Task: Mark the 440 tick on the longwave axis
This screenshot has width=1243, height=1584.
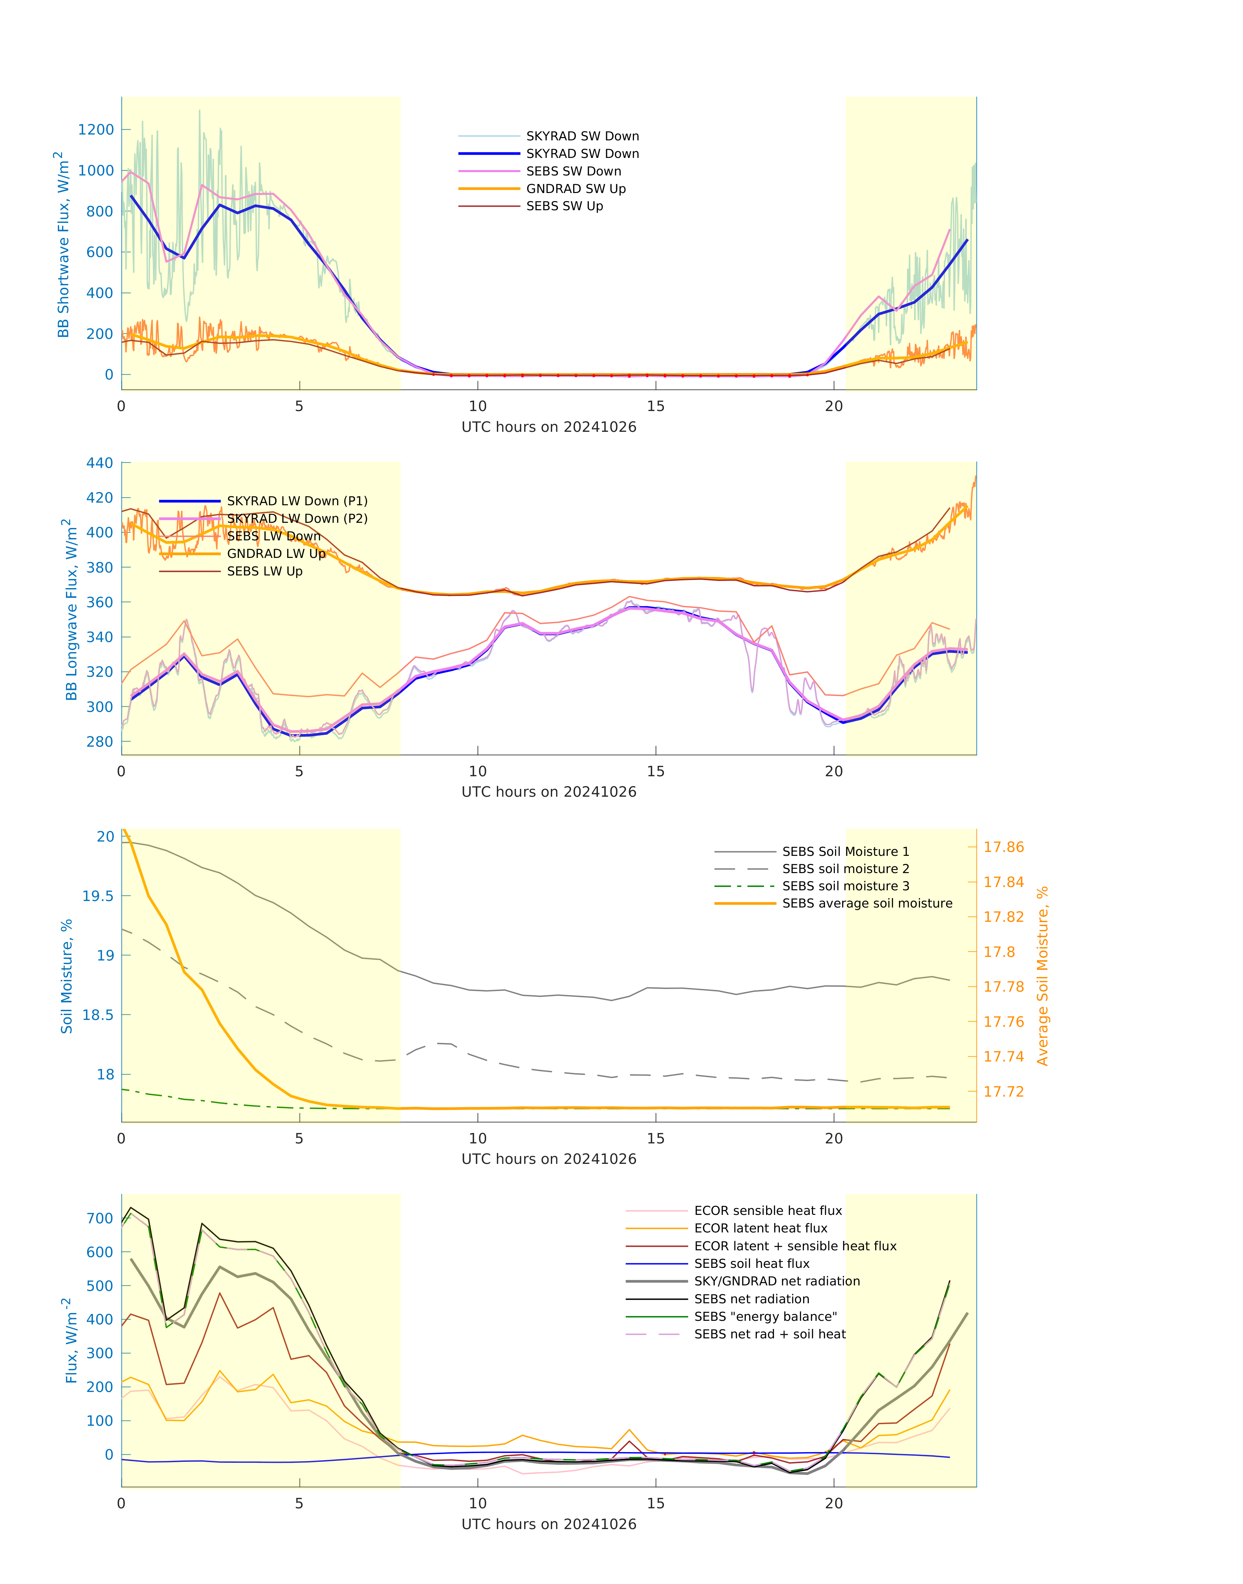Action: pos(100,463)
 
